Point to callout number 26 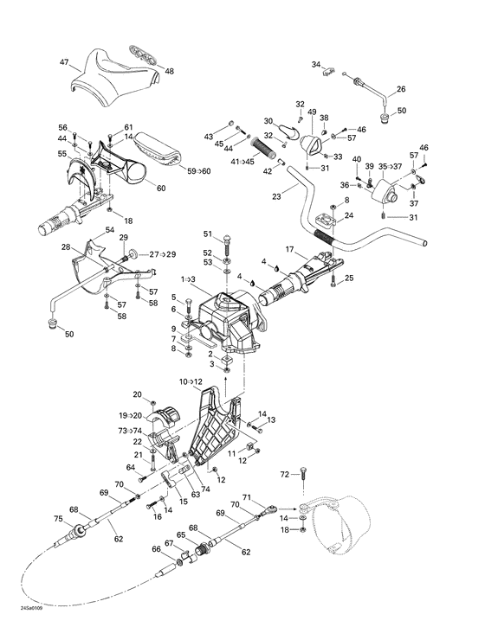point(401,89)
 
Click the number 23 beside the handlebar point(277,196)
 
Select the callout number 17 point(291,249)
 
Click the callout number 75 point(58,519)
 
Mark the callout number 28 point(66,247)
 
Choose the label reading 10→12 point(191,381)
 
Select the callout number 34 point(316,65)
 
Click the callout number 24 point(348,215)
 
